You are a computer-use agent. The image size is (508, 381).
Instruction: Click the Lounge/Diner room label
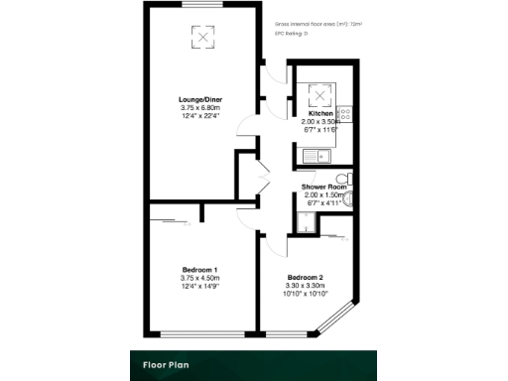click(200, 99)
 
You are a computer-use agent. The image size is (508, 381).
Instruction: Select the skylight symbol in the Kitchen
click(320, 96)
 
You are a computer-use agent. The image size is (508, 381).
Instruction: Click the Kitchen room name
click(322, 114)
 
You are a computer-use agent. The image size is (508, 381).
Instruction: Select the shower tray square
click(310, 224)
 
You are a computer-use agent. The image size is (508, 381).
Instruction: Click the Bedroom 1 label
click(200, 270)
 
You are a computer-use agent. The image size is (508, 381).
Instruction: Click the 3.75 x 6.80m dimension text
click(200, 108)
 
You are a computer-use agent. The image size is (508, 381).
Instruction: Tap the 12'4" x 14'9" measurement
click(200, 288)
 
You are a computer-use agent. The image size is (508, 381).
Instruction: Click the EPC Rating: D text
click(292, 34)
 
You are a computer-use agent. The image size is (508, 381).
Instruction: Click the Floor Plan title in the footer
click(162, 364)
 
